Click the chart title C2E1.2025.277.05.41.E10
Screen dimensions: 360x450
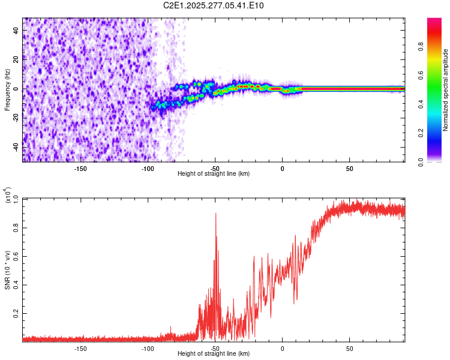tap(214, 5)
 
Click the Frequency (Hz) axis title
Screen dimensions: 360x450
tap(7, 90)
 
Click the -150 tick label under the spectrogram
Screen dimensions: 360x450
tap(80, 169)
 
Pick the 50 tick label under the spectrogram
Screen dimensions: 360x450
tap(349, 169)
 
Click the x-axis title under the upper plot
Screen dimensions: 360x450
tap(214, 174)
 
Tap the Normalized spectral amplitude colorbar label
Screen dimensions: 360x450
tap(445, 90)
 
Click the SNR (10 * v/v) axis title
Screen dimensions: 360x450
tap(7, 268)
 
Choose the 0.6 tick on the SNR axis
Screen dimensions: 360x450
tap(16, 257)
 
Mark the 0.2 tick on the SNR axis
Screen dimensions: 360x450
tap(16, 314)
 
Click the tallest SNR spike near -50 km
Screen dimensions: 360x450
tap(215, 214)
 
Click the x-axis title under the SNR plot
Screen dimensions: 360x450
tap(214, 354)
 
